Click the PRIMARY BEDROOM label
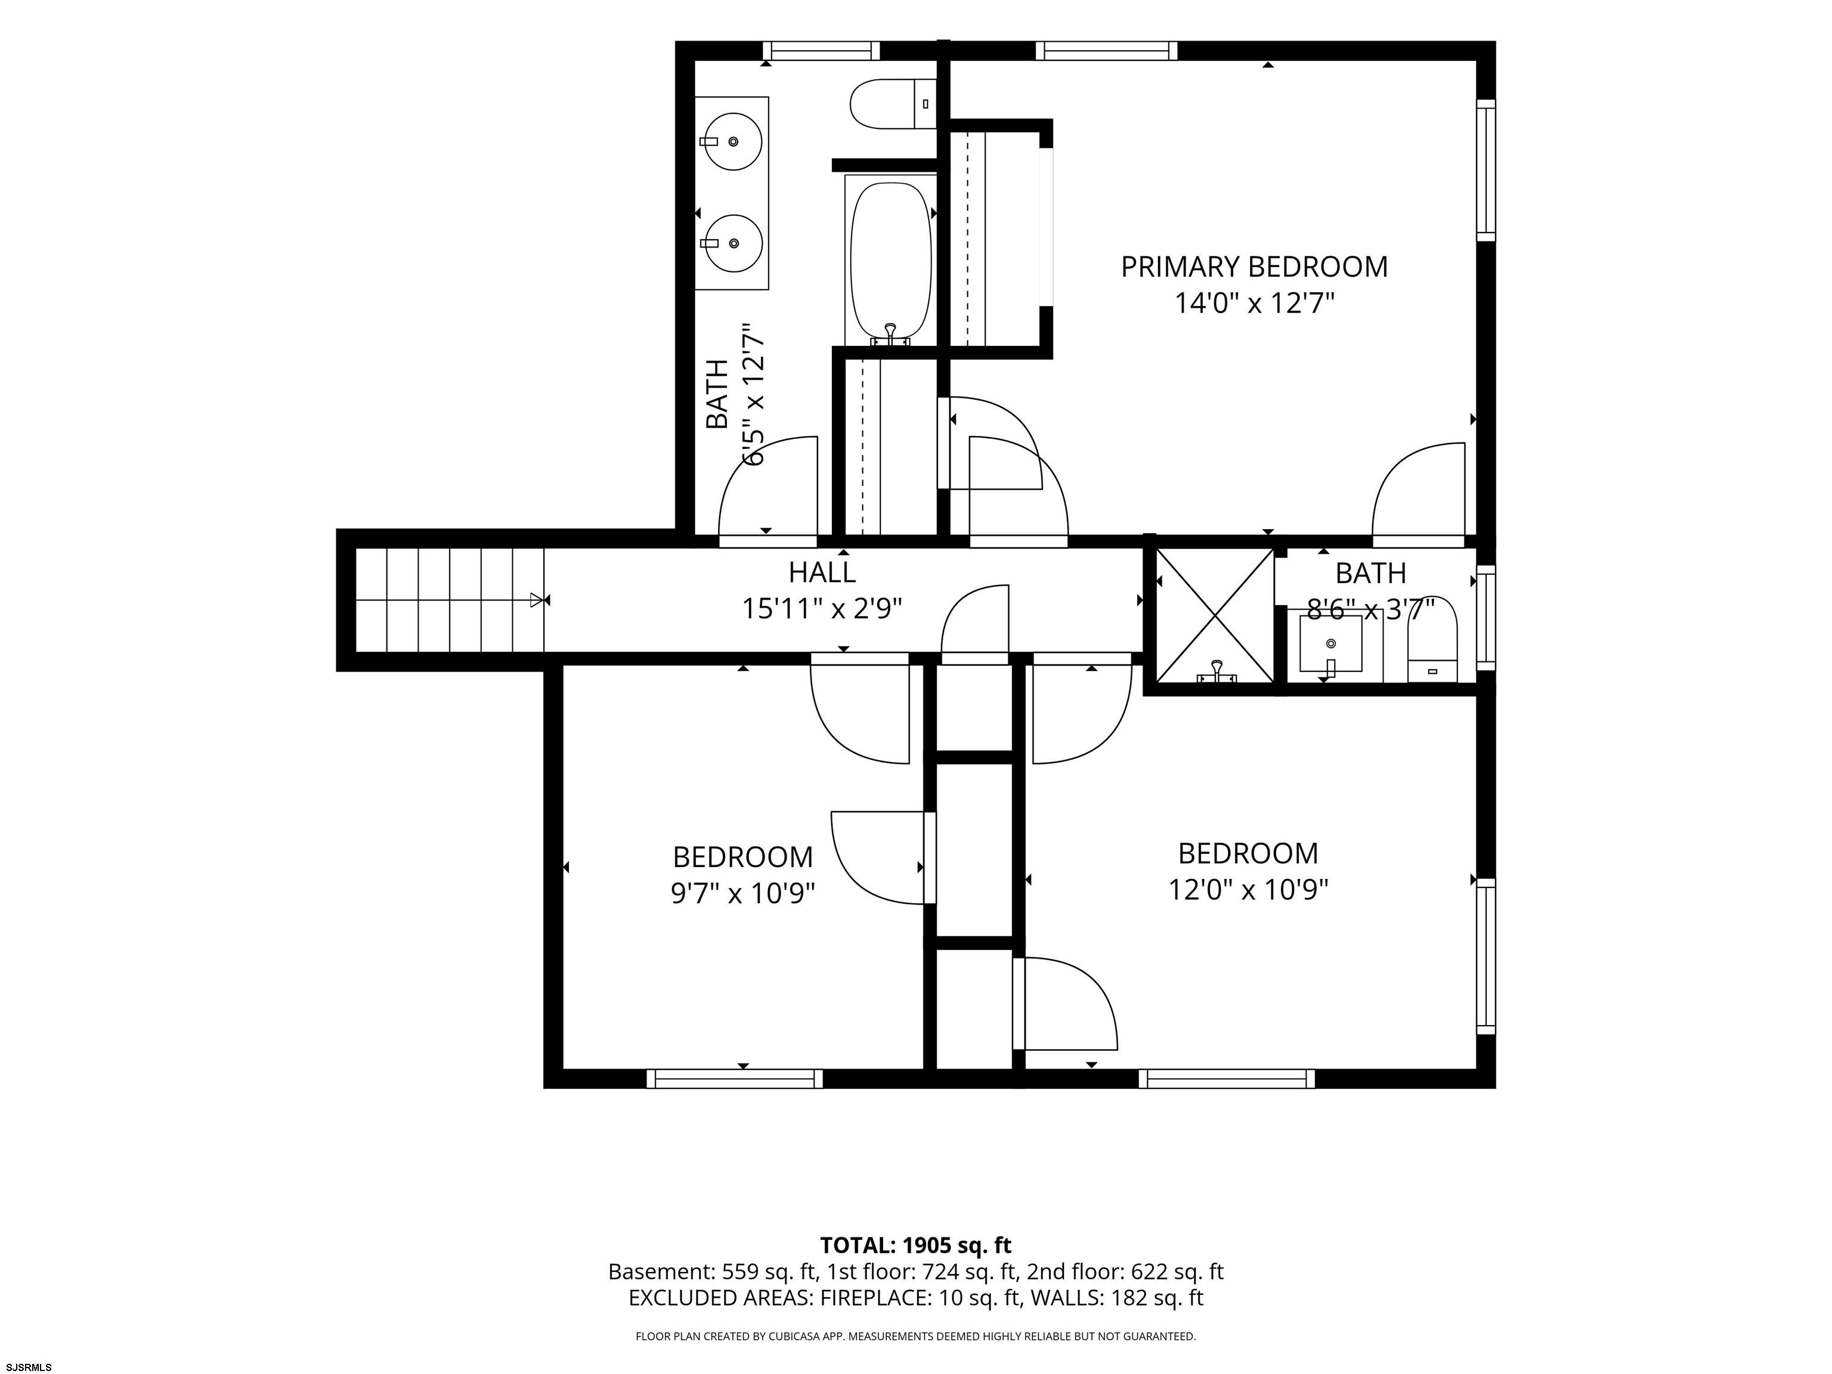(x=1254, y=267)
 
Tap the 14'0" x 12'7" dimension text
(x=1255, y=303)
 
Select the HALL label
(x=822, y=572)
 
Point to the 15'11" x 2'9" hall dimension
(x=822, y=609)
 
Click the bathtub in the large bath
(x=891, y=260)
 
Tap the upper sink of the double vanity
(x=733, y=141)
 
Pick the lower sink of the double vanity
(x=733, y=243)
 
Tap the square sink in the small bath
(x=1330, y=643)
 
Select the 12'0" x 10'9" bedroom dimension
(x=1248, y=890)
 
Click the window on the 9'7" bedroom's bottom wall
(x=735, y=1078)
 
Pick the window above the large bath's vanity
(x=820, y=51)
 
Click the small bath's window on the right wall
(x=1487, y=618)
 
